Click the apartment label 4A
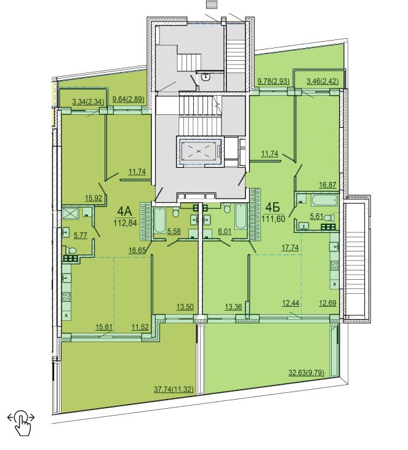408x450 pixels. (124, 212)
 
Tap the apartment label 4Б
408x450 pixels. (273, 207)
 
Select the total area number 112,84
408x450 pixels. (126, 223)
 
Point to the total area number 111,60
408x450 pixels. (273, 219)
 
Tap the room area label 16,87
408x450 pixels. (327, 185)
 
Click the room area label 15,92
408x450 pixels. (94, 198)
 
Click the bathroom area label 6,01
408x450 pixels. (225, 231)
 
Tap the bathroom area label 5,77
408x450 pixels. (81, 235)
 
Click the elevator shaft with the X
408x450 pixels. (199, 151)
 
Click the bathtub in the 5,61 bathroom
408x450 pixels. (324, 200)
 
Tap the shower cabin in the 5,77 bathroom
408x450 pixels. (70, 213)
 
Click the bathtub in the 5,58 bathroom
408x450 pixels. (160, 220)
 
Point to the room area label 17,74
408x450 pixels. (290, 247)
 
